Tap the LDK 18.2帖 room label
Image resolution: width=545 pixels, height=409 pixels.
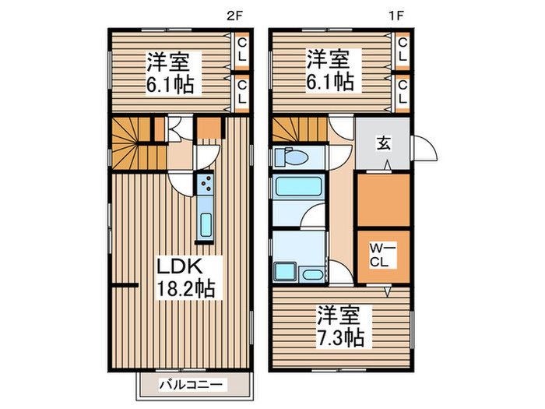[x=186, y=276]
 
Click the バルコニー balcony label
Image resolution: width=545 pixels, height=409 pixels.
[x=192, y=384]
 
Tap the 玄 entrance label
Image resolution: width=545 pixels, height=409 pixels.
[x=384, y=143]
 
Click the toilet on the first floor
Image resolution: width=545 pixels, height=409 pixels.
[x=291, y=157]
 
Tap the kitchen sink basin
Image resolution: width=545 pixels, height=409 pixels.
[x=206, y=224]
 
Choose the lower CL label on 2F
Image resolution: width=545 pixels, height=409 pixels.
[x=241, y=92]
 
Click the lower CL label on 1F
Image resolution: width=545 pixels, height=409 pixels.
[x=402, y=92]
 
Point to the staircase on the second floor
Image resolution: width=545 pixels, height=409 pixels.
[x=130, y=145]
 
